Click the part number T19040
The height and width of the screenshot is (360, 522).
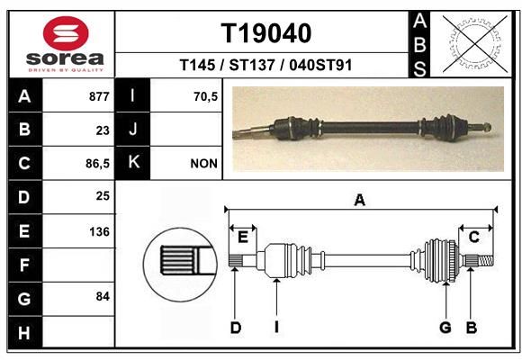coord(266,33)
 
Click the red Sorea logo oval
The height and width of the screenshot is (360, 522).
coord(66,33)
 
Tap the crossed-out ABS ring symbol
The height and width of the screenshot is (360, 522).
coord(475,44)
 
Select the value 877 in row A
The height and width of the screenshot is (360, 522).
coord(99,96)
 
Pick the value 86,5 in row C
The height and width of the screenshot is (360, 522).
coord(97,164)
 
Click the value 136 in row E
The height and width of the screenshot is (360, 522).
coord(99,231)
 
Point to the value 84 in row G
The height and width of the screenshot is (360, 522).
coord(103,296)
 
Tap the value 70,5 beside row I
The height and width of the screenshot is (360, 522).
coord(206,96)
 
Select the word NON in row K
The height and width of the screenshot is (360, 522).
coord(204,164)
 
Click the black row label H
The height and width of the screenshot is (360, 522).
coord(25,332)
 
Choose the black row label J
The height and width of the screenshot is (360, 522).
coord(132,130)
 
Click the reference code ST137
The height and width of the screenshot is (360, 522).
coord(252,65)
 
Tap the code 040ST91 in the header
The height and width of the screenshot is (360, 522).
coord(320,65)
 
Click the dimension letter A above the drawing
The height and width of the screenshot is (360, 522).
coord(359,201)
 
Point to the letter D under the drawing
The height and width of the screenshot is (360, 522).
coord(236,328)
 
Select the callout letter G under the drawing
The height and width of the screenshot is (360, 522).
coord(445,328)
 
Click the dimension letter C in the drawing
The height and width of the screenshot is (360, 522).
coord(473,237)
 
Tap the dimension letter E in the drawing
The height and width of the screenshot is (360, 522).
coord(243,238)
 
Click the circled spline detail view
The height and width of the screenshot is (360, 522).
coord(180,265)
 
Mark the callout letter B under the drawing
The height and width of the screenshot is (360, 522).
coord(471,328)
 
